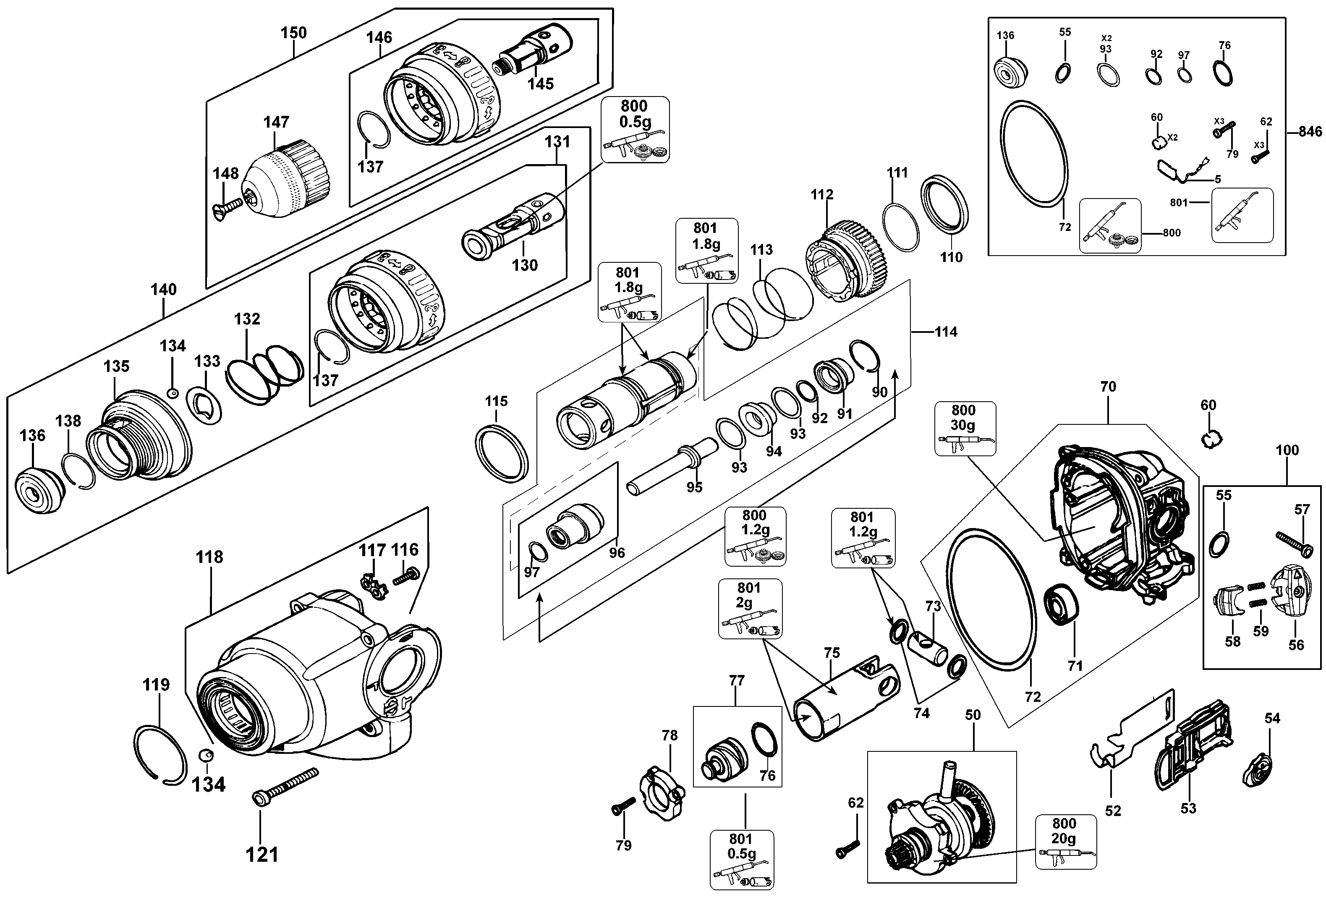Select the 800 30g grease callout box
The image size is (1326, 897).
click(965, 428)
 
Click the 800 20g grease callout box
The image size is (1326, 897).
click(1065, 842)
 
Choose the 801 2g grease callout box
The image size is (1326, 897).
click(749, 608)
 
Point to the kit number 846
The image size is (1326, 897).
click(1310, 132)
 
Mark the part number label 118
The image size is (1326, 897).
click(209, 557)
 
